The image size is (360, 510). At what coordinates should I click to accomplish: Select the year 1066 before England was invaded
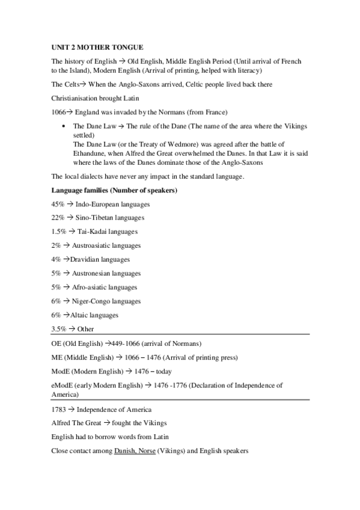(x=58, y=112)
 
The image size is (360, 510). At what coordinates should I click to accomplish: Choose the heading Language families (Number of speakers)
(x=114, y=191)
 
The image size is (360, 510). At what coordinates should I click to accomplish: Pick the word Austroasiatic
(x=91, y=246)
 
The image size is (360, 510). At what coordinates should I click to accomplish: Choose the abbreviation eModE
(x=61, y=386)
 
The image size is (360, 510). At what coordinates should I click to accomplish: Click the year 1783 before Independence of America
(x=58, y=410)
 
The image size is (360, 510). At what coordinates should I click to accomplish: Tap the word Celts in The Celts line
(x=71, y=84)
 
